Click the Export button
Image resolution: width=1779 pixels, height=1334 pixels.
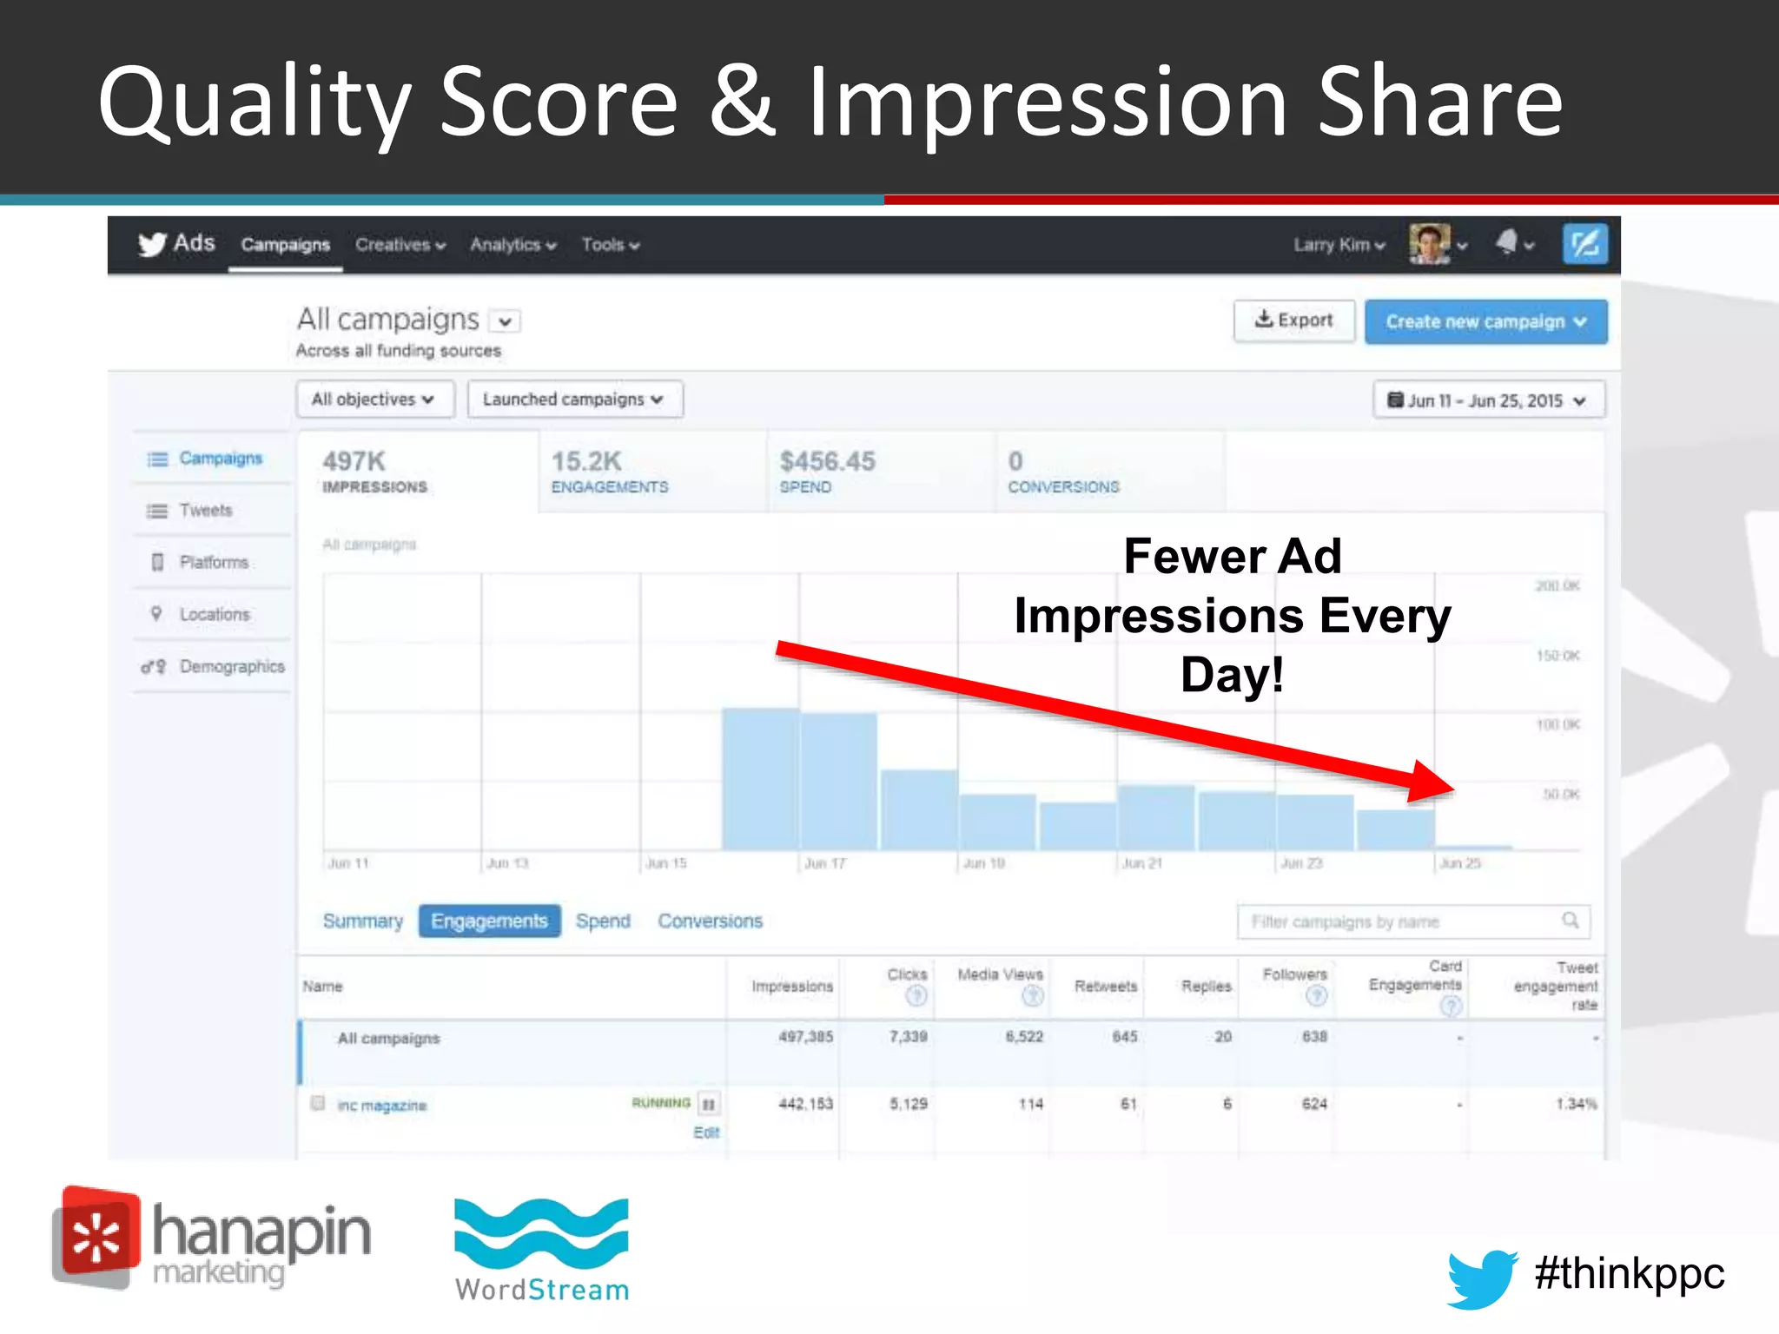1293,321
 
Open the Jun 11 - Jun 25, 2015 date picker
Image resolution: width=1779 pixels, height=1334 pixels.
1488,400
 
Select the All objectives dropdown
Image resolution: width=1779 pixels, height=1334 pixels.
374,400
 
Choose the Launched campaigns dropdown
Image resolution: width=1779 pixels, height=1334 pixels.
574,400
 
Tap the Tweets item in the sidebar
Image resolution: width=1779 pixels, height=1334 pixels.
205,511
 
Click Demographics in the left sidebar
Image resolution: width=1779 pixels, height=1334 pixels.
231,667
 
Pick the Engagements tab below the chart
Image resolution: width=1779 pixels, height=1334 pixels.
489,921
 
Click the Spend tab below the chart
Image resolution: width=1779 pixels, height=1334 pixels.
603,921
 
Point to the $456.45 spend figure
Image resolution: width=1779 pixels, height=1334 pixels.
827,461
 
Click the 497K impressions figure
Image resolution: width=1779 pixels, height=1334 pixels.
354,461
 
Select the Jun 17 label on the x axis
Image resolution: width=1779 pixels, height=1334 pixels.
824,863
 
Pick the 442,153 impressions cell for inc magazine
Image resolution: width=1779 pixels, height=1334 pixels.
805,1104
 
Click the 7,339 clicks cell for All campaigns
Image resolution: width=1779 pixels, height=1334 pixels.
908,1037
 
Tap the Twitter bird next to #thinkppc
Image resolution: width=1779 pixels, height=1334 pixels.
1482,1278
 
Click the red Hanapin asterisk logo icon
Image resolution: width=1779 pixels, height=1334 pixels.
96,1237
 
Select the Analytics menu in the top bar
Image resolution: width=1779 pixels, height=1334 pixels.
513,245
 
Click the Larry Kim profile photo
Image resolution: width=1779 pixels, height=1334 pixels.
1430,243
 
